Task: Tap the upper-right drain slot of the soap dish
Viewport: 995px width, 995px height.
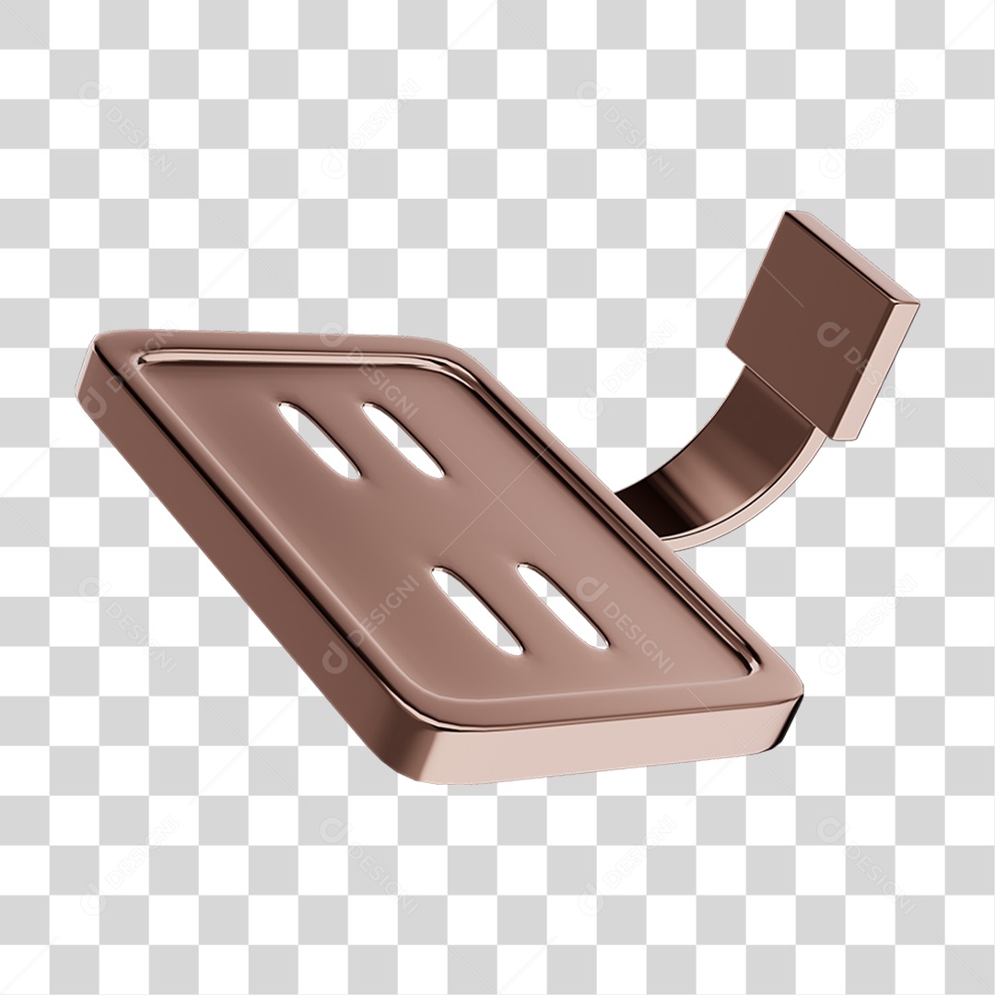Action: [x=402, y=440]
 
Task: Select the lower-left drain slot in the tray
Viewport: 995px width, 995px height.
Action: [x=475, y=610]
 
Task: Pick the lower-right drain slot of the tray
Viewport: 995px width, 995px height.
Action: [x=561, y=604]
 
